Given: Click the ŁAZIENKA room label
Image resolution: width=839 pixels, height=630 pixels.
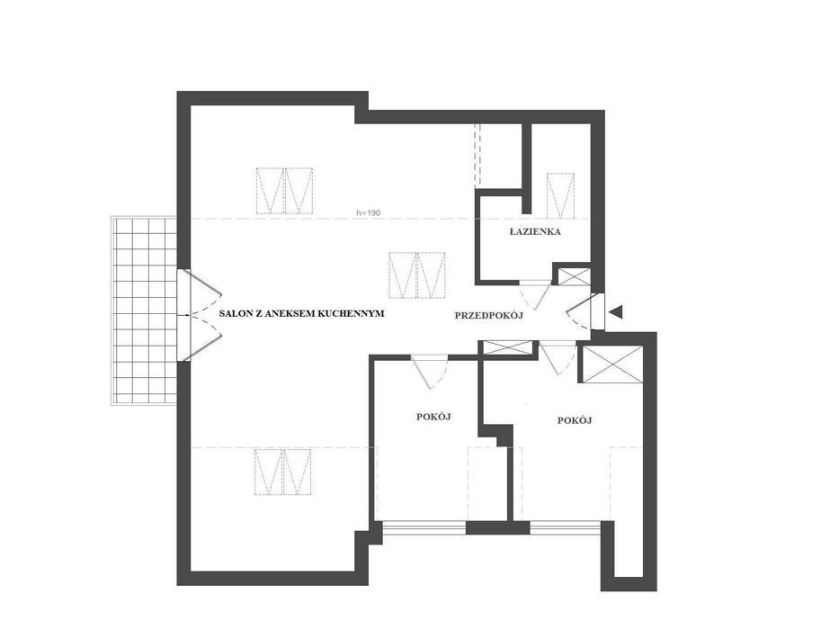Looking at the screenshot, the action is pos(534,232).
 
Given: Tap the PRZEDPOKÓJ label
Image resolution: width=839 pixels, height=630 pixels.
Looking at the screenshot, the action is pos(488,316).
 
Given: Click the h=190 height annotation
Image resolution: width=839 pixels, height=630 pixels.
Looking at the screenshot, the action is pos(368,212).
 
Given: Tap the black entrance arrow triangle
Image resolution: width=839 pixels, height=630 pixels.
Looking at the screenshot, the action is pos(616,311).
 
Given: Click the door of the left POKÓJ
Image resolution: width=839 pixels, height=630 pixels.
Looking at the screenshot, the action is pos(429,370).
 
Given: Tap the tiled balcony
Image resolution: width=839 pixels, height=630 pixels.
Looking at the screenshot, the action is pos(144,310).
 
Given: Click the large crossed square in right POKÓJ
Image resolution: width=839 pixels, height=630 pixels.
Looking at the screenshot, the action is pos(611,364).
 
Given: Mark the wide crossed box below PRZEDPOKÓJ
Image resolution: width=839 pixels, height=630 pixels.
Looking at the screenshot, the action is pos(508,347).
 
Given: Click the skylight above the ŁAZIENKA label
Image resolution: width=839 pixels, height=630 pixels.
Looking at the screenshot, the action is pos(560,195).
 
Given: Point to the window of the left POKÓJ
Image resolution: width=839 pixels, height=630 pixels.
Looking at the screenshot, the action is pos(424,527).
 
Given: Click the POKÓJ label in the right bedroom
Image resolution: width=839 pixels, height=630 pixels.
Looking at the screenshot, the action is pos(575,420).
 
